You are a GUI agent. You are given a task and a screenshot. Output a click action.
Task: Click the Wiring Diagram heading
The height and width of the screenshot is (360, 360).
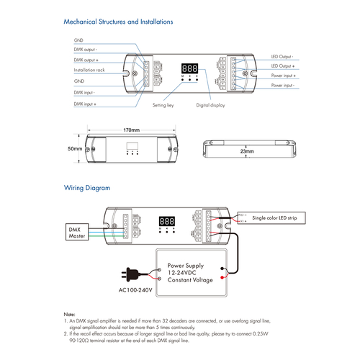point(87,188)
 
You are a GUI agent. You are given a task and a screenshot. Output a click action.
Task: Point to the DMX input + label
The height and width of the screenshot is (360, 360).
point(86,104)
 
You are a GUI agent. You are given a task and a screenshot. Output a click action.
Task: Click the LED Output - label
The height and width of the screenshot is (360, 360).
point(281,56)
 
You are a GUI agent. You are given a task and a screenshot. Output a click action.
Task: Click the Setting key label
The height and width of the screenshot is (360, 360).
point(162,105)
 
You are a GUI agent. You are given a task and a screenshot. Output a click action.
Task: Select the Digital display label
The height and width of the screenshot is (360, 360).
point(210,105)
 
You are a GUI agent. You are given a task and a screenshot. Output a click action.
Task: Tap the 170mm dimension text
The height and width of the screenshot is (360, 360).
point(131,130)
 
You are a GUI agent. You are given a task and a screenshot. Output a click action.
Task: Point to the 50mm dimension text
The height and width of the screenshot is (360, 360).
point(75,148)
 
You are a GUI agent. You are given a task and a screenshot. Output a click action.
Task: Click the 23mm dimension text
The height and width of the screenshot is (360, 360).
point(247,152)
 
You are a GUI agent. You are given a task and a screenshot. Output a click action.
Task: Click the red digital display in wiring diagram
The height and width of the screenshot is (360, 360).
point(167,220)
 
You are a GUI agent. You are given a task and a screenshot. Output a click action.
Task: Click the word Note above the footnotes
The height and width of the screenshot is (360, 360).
point(69,315)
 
